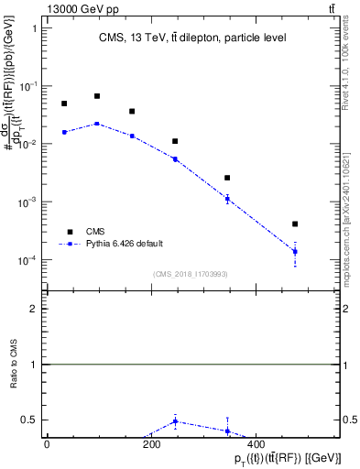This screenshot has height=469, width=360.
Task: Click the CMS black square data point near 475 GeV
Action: (x=295, y=224)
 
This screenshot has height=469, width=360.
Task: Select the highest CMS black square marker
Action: (x=97, y=95)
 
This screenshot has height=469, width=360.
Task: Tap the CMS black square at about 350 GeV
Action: (x=227, y=178)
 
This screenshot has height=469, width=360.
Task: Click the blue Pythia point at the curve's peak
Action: (x=97, y=123)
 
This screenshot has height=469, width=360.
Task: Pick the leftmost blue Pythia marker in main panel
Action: (x=64, y=132)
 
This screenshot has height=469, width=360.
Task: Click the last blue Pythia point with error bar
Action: (x=295, y=251)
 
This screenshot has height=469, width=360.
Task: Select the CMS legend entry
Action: (x=95, y=232)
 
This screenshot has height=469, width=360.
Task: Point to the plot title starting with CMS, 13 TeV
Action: (x=191, y=38)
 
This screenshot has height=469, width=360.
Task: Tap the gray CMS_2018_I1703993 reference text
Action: (x=191, y=274)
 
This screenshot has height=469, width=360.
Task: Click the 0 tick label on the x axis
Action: (x=46, y=443)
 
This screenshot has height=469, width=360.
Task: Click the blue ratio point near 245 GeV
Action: (x=174, y=421)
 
